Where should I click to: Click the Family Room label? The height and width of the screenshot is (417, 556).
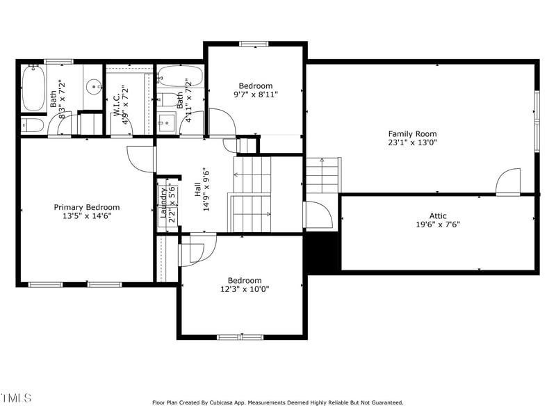[412, 133]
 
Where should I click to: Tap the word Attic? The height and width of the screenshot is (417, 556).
[438, 215]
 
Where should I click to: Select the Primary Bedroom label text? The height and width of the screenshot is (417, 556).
[87, 207]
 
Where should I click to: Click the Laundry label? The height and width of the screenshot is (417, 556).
[163, 203]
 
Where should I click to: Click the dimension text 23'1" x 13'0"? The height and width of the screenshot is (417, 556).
[412, 142]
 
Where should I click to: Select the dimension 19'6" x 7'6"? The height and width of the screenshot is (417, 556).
[438, 224]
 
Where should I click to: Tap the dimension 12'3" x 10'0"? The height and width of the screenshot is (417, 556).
[245, 289]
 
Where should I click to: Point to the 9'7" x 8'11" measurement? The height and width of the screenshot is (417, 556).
[255, 95]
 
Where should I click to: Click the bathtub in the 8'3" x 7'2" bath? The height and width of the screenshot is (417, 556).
[33, 88]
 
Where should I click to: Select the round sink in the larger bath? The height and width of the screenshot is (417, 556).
[94, 88]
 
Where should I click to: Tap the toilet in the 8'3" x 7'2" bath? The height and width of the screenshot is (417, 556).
[32, 125]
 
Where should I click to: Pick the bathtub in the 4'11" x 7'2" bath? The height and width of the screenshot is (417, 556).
[180, 76]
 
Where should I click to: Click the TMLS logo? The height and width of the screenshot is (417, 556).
[16, 398]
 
